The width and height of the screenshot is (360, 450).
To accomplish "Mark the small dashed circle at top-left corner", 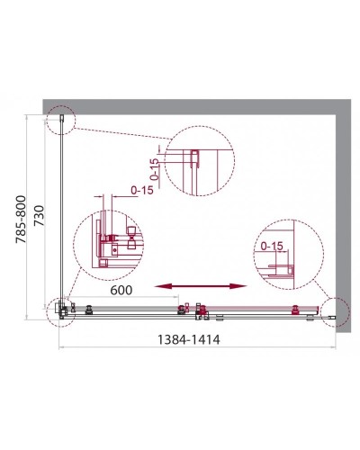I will pyautogui.click(x=64, y=118).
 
